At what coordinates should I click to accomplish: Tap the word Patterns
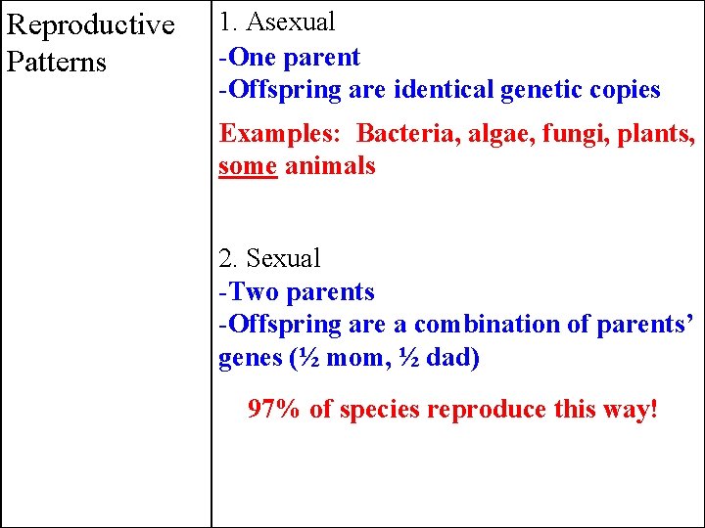[x=56, y=63]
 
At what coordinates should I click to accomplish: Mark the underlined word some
[x=249, y=166]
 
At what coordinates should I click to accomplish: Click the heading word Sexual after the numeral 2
[x=284, y=259]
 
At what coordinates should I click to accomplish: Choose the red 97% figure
[x=274, y=409]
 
